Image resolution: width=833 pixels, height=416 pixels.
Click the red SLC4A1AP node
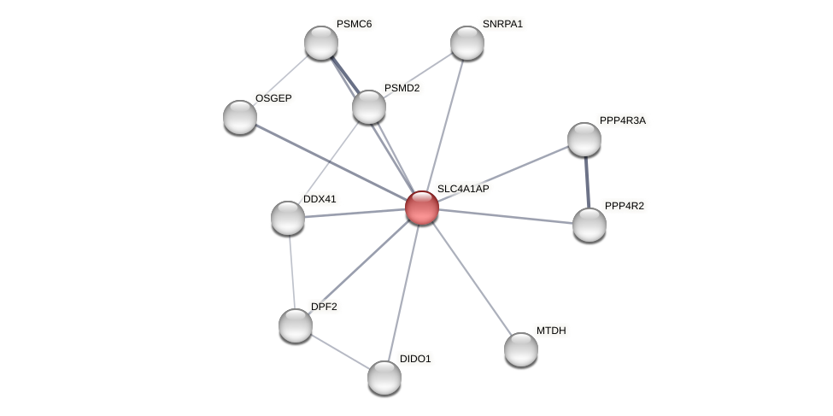point(421,208)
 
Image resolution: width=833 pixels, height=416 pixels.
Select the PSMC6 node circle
point(321,43)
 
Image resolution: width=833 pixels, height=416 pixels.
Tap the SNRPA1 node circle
point(467,43)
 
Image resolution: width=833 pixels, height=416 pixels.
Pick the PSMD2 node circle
point(369,107)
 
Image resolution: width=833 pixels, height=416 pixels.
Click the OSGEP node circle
point(240,117)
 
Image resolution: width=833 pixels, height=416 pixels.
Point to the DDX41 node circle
point(288,218)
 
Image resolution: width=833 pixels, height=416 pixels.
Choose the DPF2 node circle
point(296,325)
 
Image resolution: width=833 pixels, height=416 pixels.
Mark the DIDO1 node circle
point(384,378)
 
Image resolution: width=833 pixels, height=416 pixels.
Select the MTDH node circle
point(521,349)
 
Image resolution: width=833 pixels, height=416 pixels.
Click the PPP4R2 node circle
point(590,225)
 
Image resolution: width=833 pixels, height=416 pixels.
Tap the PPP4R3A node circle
point(584,139)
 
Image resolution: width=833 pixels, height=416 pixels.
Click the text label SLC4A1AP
point(462,189)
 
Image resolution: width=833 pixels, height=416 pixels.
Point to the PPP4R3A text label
point(622,120)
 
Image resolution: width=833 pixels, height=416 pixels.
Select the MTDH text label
point(551,331)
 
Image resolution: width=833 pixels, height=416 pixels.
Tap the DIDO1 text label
point(415,359)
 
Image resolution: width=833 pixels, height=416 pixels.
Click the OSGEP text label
point(273,98)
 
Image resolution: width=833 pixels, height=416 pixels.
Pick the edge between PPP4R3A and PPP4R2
point(587,182)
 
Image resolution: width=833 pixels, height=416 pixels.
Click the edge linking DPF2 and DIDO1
point(340,352)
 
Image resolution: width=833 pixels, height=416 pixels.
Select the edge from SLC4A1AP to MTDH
point(471,278)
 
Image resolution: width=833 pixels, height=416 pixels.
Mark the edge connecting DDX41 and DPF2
point(291,272)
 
